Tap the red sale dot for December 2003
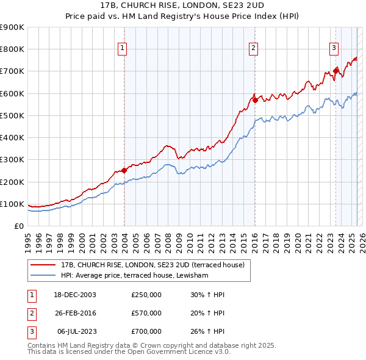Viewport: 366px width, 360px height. (124, 170)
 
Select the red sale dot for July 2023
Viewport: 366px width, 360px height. (335, 71)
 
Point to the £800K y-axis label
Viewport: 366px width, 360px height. (12, 49)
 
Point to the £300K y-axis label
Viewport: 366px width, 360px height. (12, 160)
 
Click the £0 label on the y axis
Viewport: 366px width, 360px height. (18, 226)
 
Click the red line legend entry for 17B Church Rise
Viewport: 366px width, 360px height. (152, 265)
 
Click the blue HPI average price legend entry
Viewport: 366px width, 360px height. (135, 276)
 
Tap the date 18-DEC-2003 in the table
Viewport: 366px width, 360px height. (76, 294)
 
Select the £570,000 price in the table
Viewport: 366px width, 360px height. (146, 313)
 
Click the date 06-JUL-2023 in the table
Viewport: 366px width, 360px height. (76, 332)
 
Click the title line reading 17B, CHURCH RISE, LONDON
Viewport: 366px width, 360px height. (183, 5)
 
